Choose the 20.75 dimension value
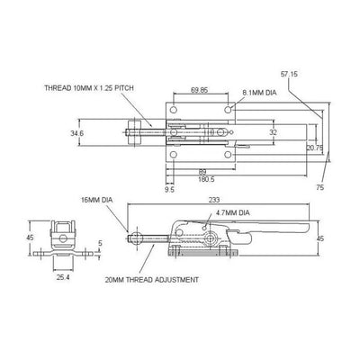tap(314, 146)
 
